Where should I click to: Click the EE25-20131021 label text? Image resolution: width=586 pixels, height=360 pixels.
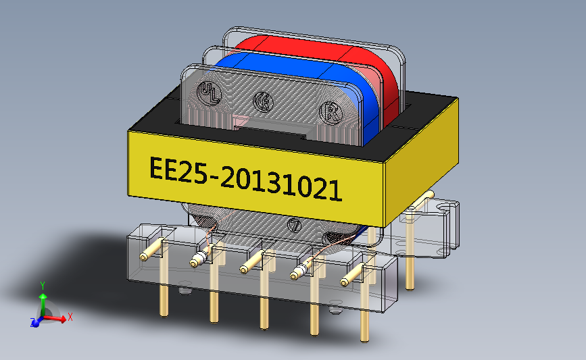tap(244, 178)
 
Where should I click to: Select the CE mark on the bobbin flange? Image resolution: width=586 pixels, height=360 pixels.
tap(262, 102)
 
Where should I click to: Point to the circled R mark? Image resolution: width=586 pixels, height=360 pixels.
tap(331, 111)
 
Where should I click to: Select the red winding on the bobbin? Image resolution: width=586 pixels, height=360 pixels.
tap(304, 47)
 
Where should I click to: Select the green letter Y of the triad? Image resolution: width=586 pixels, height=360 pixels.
tap(42, 285)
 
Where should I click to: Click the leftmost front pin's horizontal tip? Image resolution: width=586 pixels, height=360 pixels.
tap(145, 257)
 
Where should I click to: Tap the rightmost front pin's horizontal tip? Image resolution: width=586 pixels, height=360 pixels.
tap(347, 280)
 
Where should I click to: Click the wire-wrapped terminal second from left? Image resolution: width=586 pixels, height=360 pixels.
tap(197, 261)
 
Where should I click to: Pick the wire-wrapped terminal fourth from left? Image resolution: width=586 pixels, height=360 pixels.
tap(296, 274)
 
